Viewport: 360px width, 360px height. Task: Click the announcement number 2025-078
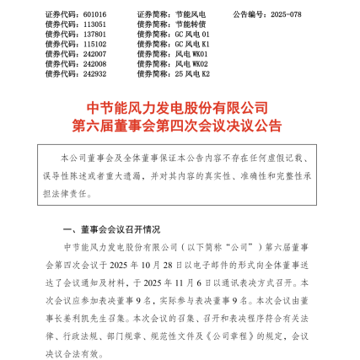292,15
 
